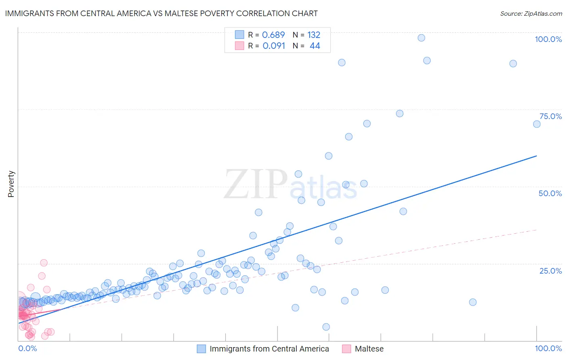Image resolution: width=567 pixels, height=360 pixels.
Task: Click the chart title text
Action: pos(161,13)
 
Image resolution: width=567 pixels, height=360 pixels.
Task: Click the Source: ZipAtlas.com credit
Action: pos(531,13)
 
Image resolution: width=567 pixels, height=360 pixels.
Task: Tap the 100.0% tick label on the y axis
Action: pos(548,39)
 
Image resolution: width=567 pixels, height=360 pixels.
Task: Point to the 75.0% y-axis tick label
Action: pos(550,116)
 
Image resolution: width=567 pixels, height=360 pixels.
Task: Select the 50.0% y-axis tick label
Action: pos(550,193)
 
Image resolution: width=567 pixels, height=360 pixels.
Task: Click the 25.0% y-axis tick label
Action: pos(550,270)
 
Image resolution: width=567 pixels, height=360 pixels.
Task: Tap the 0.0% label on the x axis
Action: pos(27,348)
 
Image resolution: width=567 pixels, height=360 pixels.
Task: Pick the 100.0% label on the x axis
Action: pos(548,348)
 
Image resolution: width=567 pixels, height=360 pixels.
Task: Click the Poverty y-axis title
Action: pos(11,184)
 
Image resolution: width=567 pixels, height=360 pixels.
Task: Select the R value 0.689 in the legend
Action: pos(273,35)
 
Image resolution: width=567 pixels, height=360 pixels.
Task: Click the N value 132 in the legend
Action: pos(314,35)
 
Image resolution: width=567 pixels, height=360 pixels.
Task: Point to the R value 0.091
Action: pos(274,46)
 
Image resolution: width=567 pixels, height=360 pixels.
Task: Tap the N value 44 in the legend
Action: pos(315,46)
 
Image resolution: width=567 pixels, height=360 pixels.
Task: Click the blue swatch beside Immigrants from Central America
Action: pos(201,349)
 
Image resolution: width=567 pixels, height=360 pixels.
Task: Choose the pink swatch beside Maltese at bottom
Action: pos(346,349)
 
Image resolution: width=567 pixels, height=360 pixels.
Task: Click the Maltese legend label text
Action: pos(369,349)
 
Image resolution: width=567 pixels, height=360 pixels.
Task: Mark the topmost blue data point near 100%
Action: pos(421,38)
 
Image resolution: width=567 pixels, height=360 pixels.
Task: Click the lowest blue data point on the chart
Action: pos(326,327)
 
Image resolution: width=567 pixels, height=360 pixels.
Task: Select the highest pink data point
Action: pos(44,263)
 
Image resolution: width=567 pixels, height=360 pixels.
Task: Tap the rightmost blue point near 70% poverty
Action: pos(537,124)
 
